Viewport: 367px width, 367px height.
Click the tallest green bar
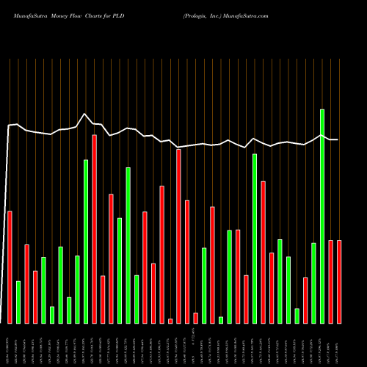point(322,216)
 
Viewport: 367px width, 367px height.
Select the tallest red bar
point(95,229)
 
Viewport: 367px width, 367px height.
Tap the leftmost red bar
point(10,267)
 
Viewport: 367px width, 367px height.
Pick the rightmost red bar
point(339,282)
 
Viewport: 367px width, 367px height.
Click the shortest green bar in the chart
point(221,320)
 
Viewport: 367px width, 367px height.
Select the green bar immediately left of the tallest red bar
point(86,241)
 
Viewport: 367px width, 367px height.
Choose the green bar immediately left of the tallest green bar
point(313,283)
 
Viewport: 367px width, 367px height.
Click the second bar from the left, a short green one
point(18,302)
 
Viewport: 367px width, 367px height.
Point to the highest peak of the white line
point(85,114)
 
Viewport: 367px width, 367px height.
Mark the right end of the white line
point(338,139)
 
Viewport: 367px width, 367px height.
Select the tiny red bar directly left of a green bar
point(195,318)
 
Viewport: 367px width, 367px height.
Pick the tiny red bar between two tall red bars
point(170,321)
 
